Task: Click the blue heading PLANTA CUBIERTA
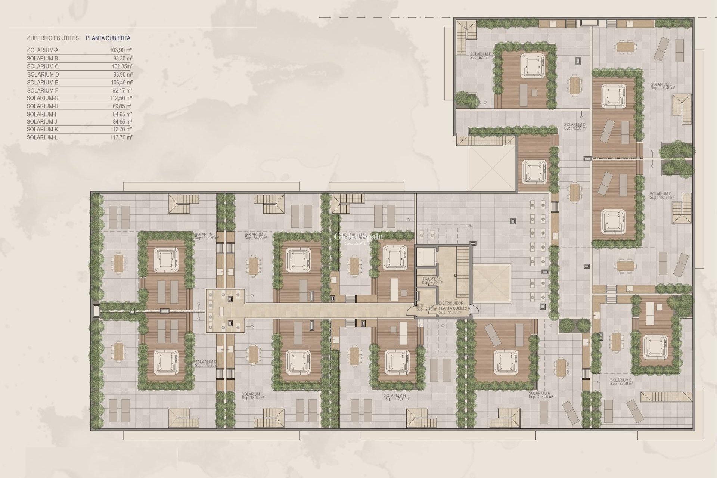[108, 38]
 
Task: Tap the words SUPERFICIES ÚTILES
[53, 38]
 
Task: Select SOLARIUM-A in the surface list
[43, 50]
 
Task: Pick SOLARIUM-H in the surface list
[43, 106]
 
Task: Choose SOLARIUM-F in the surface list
[43, 90]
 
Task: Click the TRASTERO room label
[432, 279]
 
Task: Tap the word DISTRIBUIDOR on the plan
[451, 303]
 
